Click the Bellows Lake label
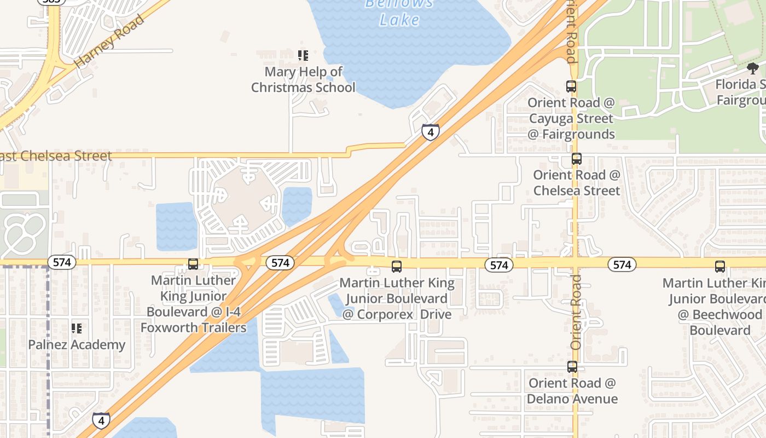pos(399,12)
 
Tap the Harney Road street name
pos(109,41)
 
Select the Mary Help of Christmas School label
pos(303,79)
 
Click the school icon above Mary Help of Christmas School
pos(303,55)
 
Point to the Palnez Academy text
pos(77,345)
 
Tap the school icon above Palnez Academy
pos(77,328)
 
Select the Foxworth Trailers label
pos(194,328)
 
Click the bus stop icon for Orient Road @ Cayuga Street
pos(571,87)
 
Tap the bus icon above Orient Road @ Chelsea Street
pos(577,159)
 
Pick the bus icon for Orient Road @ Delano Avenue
pos(572,367)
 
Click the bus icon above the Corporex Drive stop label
pos(397,267)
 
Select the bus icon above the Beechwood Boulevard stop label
pos(720,267)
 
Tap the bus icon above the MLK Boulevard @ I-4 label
pos(193,264)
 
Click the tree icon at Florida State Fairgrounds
pos(753,68)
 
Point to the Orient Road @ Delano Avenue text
pos(572,391)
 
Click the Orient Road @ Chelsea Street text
pos(577,183)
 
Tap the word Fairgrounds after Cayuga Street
pos(571,134)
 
